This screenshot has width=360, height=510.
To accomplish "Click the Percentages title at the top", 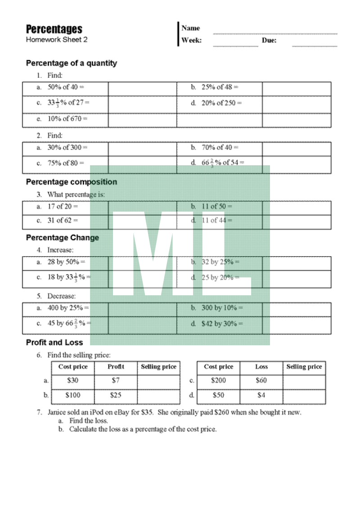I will click(54, 29).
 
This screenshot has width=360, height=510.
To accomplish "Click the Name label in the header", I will click(191, 28).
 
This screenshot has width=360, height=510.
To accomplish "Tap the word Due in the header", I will click(269, 41).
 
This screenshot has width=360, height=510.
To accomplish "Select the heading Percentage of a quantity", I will click(72, 63).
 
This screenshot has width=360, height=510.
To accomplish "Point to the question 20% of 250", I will click(221, 103).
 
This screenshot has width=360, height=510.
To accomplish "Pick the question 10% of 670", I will click(67, 119).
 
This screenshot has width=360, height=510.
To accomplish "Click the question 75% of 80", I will click(66, 163).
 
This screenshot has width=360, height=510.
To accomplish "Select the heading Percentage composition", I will click(72, 182).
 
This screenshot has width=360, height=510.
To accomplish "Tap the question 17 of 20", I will click(63, 207).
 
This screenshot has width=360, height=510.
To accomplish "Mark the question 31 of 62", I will click(63, 221).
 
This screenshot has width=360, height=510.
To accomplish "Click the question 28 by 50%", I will click(66, 262).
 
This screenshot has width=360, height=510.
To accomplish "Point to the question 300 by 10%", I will click(222, 308).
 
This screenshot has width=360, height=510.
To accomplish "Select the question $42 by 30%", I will click(222, 324).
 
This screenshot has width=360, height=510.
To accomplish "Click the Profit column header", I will click(116, 367).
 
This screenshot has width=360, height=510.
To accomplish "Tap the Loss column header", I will click(261, 367).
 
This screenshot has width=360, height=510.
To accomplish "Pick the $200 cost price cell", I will click(219, 380).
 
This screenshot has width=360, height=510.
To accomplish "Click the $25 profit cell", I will click(116, 396).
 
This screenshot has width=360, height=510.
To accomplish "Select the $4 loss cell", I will click(261, 396).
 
